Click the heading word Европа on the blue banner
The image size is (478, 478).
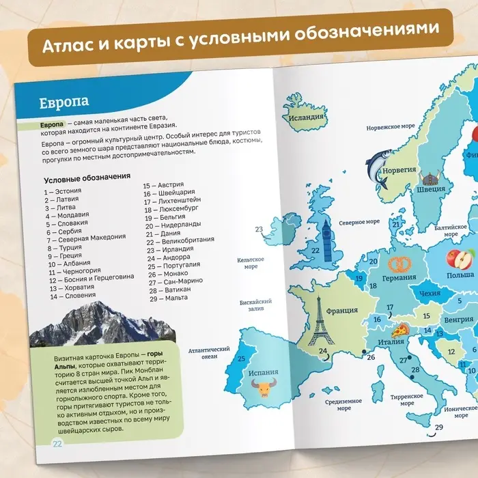point(64,102)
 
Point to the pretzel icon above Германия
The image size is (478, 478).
point(399,263)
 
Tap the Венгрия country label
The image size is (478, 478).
point(458,319)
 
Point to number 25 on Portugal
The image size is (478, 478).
point(240,358)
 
